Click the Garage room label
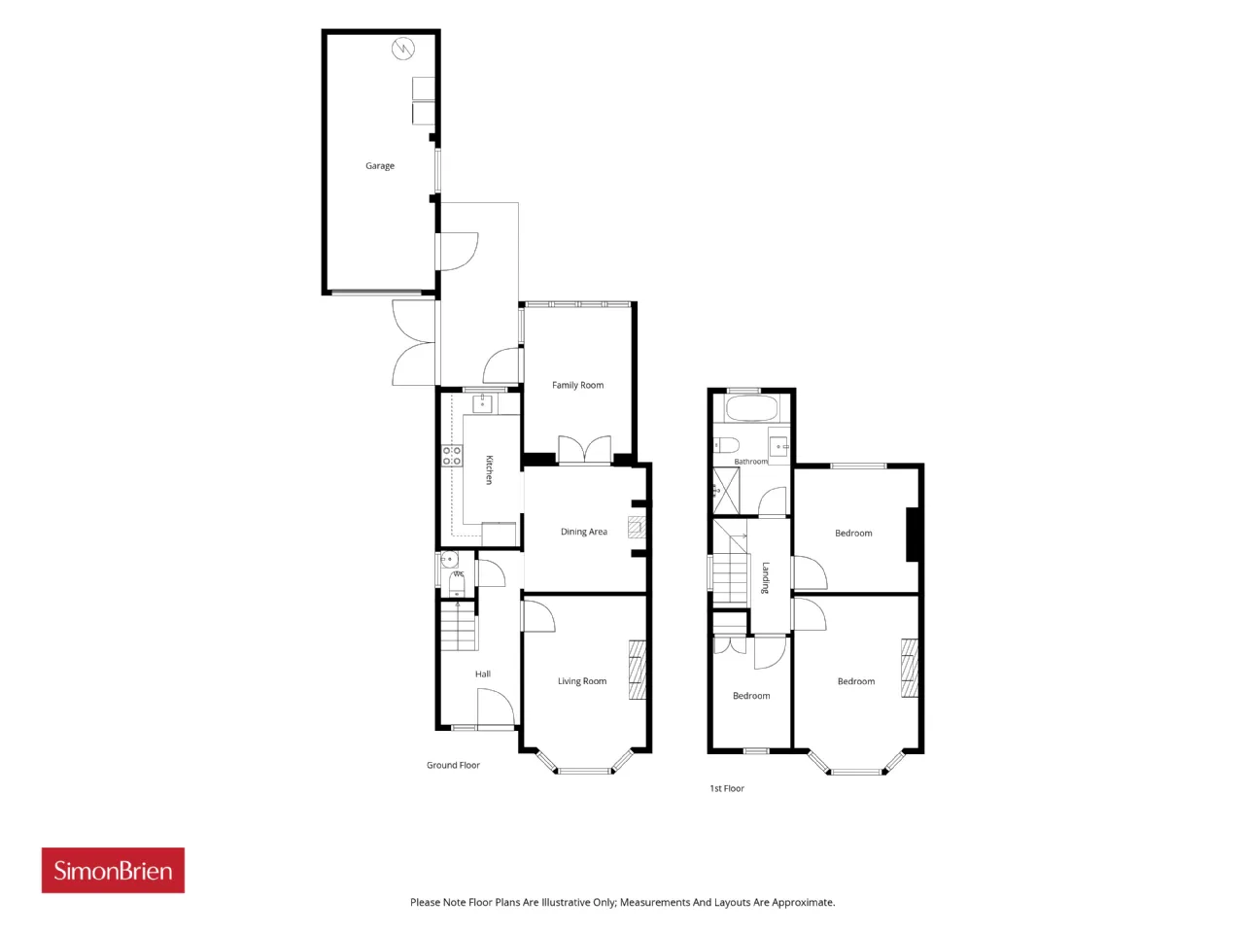[x=380, y=166]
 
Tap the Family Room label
[x=577, y=385]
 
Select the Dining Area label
[x=584, y=532]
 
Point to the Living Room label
[x=582, y=681]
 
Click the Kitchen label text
[x=489, y=469]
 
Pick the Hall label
[x=483, y=674]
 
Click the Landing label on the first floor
[x=765, y=577]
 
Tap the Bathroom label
[x=750, y=462]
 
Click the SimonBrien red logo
[x=113, y=870]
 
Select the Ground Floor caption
[x=453, y=765]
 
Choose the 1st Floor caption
[x=727, y=788]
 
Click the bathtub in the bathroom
[x=751, y=408]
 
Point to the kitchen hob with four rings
[x=452, y=456]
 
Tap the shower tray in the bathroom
[x=726, y=491]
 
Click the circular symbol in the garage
[x=403, y=49]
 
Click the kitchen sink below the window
[x=482, y=404]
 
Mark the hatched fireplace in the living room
[x=637, y=670]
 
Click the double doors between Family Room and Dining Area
[x=584, y=450]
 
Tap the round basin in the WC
[x=449, y=560]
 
